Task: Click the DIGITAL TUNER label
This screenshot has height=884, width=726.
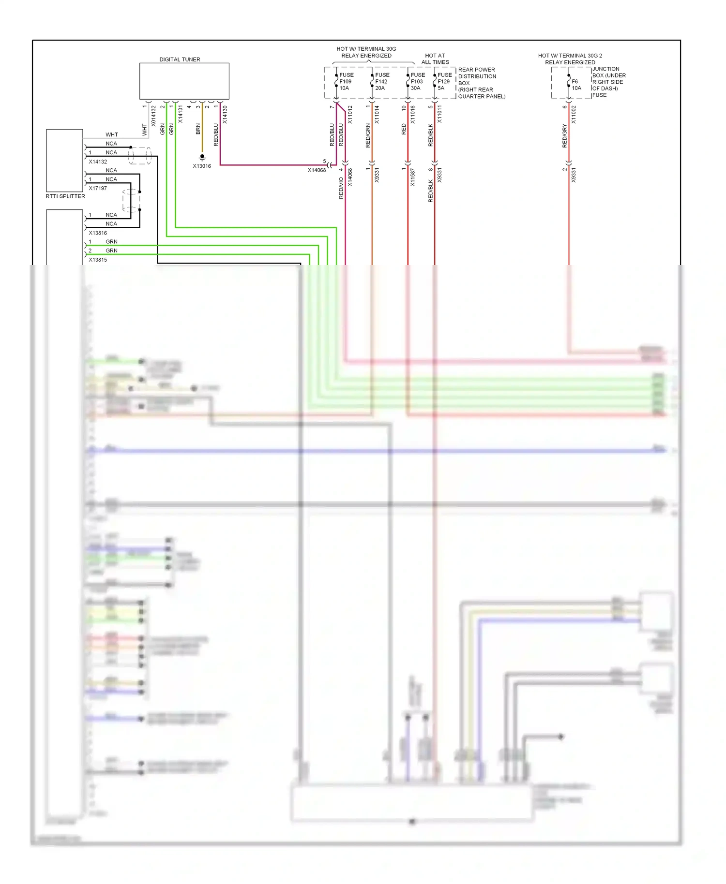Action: [180, 59]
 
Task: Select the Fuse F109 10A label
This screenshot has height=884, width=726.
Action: [346, 81]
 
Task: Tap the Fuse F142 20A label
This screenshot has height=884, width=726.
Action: [382, 81]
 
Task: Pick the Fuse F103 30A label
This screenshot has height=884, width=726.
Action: [417, 81]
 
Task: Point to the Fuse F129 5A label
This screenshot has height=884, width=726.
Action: [444, 81]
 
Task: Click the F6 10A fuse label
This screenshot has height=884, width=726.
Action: [576, 85]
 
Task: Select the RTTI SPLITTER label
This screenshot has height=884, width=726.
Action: [65, 196]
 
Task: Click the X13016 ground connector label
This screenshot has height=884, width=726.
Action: [202, 166]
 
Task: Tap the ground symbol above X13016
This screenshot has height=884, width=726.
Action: [202, 157]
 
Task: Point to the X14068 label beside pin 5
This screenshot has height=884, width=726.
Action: [317, 170]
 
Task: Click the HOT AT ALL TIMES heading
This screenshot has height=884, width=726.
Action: [435, 59]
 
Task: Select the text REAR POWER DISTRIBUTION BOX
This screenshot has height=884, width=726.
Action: [477, 73]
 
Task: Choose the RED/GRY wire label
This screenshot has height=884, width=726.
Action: [564, 136]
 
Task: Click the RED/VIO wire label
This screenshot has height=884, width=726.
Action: [341, 188]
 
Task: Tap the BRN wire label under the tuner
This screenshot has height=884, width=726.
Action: [198, 129]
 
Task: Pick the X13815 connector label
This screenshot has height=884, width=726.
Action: [98, 260]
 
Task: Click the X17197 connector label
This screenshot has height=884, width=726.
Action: [98, 188]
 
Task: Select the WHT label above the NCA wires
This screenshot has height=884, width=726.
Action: [112, 134]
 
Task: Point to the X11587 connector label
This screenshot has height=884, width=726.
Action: [412, 177]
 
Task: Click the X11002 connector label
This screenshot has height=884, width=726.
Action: [574, 115]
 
